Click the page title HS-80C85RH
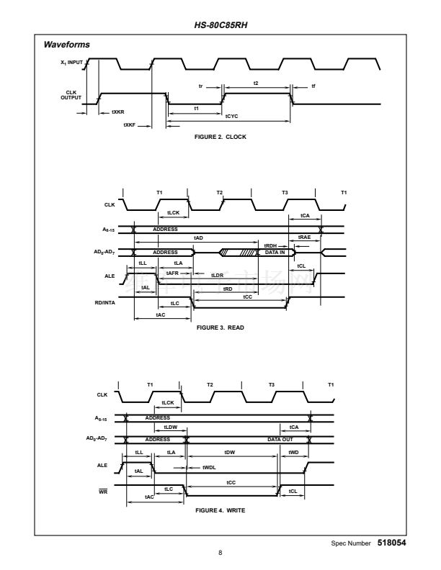coord(220,24)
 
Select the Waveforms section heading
coord(67,45)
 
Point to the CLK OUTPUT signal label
coord(71,95)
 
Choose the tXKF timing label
coord(130,125)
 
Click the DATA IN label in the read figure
coord(275,253)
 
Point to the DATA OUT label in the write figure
coord(280,438)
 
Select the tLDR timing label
coord(217,275)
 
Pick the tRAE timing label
coord(304,237)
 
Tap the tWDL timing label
coord(209,467)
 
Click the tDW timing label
coord(230,452)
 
